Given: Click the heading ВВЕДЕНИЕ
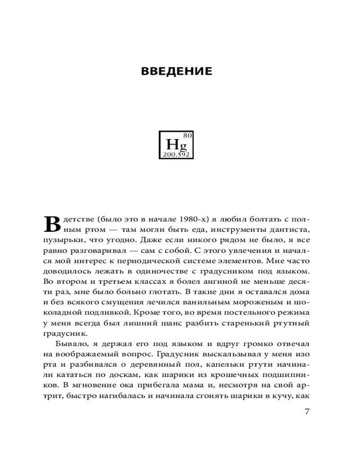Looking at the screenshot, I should click(176, 72).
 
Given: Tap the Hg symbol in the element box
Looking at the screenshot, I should click(176, 145).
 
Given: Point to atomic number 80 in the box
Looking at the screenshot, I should click(188, 135).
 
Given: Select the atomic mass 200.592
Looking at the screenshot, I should click(176, 154).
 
